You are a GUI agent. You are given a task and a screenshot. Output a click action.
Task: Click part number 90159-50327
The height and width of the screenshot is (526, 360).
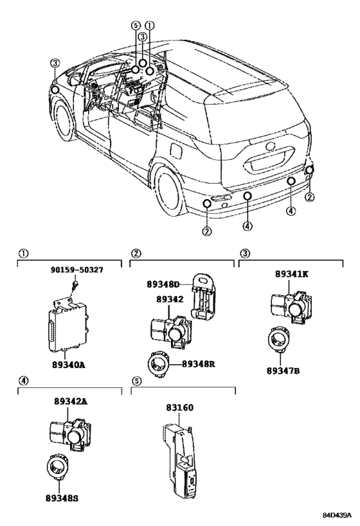point(77,270)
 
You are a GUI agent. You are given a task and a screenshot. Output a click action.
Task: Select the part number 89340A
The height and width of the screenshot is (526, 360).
point(69,365)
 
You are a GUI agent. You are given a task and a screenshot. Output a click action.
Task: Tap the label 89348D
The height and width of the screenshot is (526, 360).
point(163,285)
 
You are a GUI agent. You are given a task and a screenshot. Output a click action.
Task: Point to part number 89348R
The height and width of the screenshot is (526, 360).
point(198,364)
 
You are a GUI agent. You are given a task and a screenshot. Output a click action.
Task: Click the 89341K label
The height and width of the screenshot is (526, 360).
point(291,274)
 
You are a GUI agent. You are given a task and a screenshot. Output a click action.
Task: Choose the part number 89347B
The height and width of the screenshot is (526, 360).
point(283,371)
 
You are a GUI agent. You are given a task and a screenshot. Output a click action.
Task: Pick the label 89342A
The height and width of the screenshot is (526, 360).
point(71,401)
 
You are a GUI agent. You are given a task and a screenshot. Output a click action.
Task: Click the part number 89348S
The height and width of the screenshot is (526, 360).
point(62,498)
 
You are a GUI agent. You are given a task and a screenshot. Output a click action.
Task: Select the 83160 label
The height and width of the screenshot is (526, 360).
point(179,408)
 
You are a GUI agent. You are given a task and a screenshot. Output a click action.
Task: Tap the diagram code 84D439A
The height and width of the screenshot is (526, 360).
point(337,515)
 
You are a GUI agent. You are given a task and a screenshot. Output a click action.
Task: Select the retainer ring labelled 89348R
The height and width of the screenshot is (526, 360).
point(157,364)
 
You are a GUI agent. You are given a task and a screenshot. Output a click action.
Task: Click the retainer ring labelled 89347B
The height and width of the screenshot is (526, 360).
point(279,340)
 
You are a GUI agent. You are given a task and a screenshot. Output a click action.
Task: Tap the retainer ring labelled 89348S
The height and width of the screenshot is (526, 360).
point(57,466)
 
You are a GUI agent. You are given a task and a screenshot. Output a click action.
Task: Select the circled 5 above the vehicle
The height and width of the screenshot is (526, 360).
point(136,26)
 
